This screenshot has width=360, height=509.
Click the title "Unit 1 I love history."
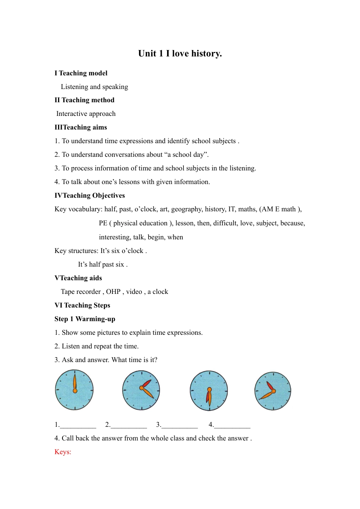[180, 54]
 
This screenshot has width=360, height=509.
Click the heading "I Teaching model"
[81, 73]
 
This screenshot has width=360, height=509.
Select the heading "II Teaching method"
[84, 100]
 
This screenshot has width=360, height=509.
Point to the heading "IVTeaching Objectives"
[89, 195]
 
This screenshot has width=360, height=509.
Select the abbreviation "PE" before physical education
[103, 223]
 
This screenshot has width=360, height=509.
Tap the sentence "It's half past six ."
[103, 264]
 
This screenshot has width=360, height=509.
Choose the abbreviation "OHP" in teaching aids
[113, 292]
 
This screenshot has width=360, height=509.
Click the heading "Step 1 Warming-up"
[85, 319]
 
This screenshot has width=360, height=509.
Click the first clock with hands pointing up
[74, 390]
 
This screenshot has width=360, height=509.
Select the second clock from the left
[141, 390]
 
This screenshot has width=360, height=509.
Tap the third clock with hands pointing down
[209, 391]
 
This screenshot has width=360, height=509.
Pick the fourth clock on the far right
[273, 391]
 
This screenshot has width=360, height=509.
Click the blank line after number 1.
[78, 426]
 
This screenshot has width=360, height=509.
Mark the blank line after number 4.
[232, 426]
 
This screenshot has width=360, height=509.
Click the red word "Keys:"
[63, 452]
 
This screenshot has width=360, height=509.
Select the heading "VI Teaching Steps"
[82, 305]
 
